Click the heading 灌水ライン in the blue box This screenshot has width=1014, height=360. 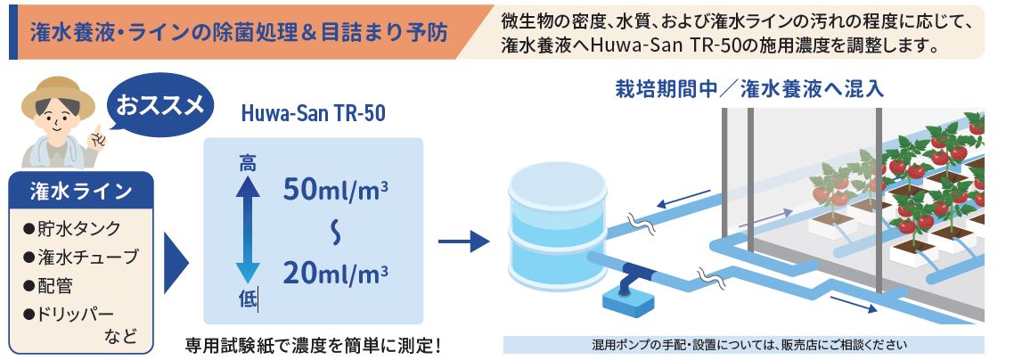coord(81,191)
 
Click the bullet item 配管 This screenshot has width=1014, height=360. coord(55,286)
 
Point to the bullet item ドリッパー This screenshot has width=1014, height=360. coord(78,314)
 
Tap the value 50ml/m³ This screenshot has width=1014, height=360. coord(336,190)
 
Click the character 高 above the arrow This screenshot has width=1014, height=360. coord(248,163)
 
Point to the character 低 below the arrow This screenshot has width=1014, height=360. coord(248,300)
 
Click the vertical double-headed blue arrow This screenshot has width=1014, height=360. coord(248,230)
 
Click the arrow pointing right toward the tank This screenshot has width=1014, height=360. coord(464,239)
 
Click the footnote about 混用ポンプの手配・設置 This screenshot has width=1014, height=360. coord(743,345)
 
